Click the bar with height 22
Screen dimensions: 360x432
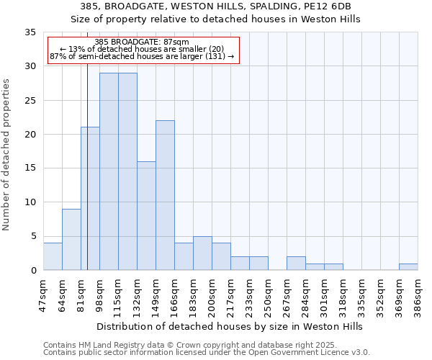[x=165, y=195]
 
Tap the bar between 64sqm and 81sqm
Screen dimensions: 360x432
[x=71, y=239]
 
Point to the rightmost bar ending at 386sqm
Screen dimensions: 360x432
[x=408, y=266]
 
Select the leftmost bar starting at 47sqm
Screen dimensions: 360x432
[x=53, y=256]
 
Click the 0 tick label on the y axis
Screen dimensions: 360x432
[x=32, y=271]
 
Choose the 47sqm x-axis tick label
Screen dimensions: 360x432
[x=43, y=292]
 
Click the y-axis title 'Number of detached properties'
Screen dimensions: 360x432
[x=6, y=155]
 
